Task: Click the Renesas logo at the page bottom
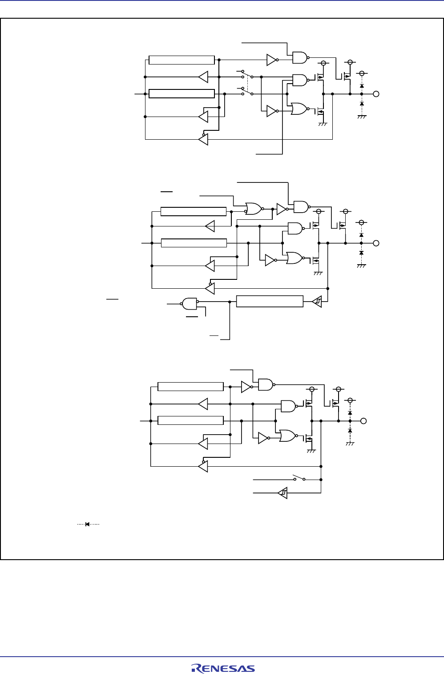coord(223,668)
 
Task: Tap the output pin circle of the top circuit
coord(376,94)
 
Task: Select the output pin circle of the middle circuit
coord(376,243)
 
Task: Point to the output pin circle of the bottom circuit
coord(363,421)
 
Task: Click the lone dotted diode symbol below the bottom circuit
coord(88,524)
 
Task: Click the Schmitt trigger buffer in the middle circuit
coord(317,302)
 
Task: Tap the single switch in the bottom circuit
coord(299,479)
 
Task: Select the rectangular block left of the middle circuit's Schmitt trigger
coord(270,301)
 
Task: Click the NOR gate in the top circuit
coord(298,109)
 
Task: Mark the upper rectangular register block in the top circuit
coord(182,60)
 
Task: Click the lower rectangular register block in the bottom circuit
coord(190,420)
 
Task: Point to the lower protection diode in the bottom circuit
coord(350,431)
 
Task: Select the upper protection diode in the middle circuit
coord(361,234)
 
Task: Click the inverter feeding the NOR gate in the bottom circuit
coord(263,438)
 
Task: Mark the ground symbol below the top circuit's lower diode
coord(362,117)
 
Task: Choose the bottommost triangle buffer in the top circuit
coord(203,140)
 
